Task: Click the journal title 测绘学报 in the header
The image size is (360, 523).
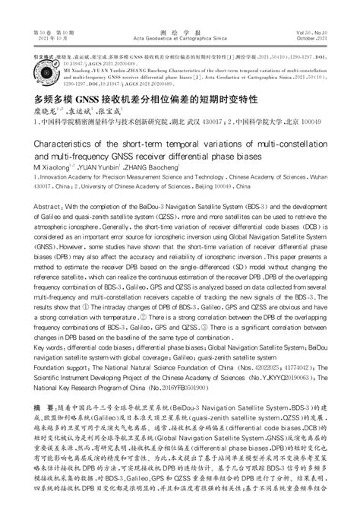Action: [179, 35]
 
